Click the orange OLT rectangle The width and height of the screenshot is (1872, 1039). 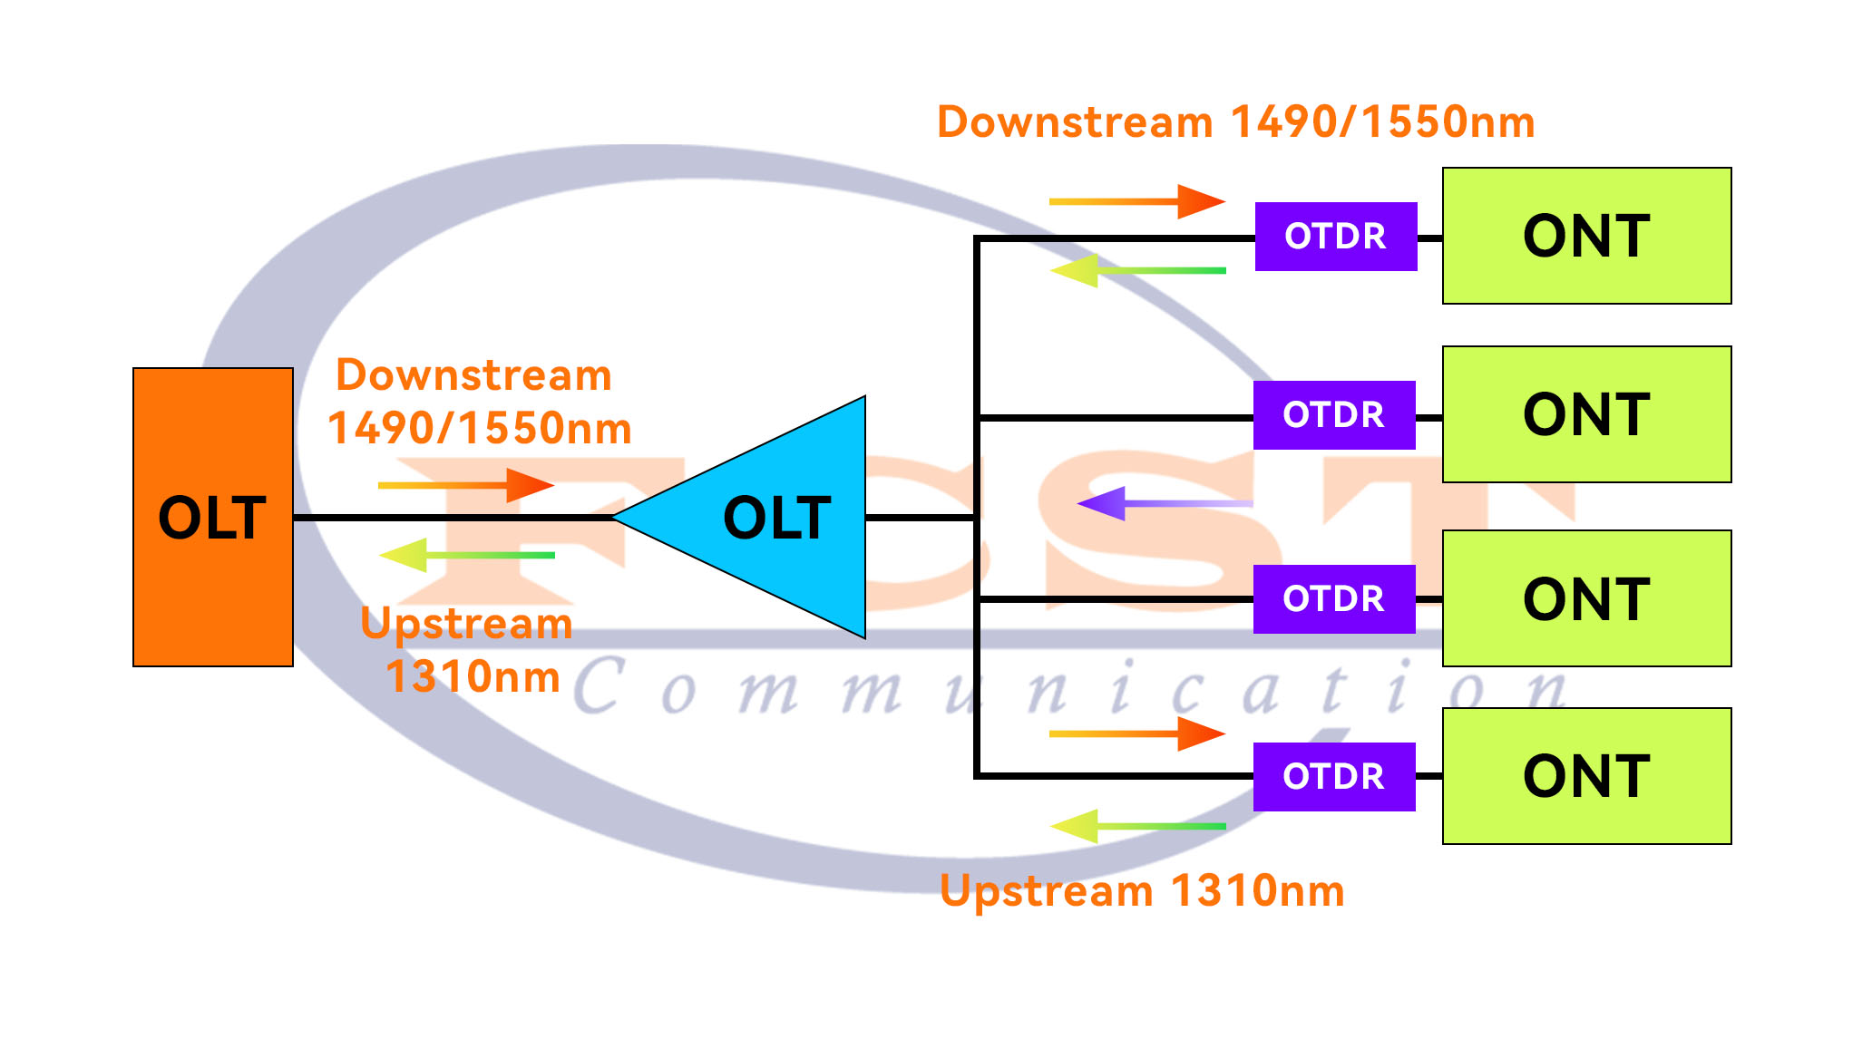(212, 517)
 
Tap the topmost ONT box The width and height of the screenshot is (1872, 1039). (1586, 236)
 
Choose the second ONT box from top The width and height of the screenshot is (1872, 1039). (1586, 414)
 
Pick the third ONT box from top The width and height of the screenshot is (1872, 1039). (1586, 598)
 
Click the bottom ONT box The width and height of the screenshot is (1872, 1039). (1586, 776)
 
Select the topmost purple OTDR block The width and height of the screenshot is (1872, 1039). (1335, 237)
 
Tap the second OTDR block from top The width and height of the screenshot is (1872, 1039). (1333, 415)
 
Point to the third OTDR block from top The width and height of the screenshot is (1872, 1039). (1333, 599)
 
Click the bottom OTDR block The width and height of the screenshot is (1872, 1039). (1333, 777)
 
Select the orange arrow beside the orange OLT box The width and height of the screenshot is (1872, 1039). (465, 485)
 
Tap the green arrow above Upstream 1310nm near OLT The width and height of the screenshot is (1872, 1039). (465, 555)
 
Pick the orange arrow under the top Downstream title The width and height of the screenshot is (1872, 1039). (1136, 201)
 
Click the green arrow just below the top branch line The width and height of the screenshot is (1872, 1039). (1136, 270)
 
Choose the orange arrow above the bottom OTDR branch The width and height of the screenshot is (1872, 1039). (1136, 733)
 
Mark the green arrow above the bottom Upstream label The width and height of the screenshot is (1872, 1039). (1136, 826)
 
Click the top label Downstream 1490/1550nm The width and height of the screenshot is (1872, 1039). (1235, 122)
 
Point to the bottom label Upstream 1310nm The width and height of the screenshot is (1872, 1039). (1142, 890)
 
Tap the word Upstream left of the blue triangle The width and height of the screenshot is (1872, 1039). (466, 624)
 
